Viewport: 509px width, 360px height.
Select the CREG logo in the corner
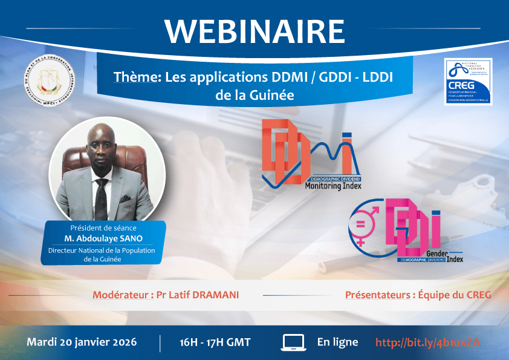467,82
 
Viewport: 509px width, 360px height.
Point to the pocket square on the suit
125,197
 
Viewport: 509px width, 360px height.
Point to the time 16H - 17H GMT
215,342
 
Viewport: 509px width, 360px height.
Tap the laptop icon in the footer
294,342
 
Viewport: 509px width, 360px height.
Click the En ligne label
337,342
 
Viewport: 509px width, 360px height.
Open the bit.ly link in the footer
427,342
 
